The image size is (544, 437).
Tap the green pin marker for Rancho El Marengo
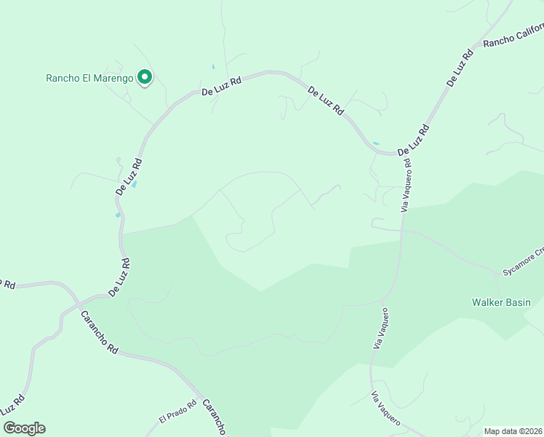point(145,76)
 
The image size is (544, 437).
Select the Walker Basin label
point(501,302)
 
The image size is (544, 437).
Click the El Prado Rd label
point(178,412)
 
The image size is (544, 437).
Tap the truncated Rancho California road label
point(513,36)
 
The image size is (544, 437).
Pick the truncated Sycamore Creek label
point(523,262)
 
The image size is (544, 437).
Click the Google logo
point(24,428)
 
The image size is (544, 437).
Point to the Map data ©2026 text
point(513,431)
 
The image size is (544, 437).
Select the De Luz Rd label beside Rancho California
point(458,68)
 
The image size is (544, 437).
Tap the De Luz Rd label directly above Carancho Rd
point(119,277)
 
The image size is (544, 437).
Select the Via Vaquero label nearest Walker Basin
point(380,327)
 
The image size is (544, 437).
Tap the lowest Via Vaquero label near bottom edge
point(386,408)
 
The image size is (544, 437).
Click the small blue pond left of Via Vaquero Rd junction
point(376,143)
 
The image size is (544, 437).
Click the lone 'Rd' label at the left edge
point(8,284)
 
